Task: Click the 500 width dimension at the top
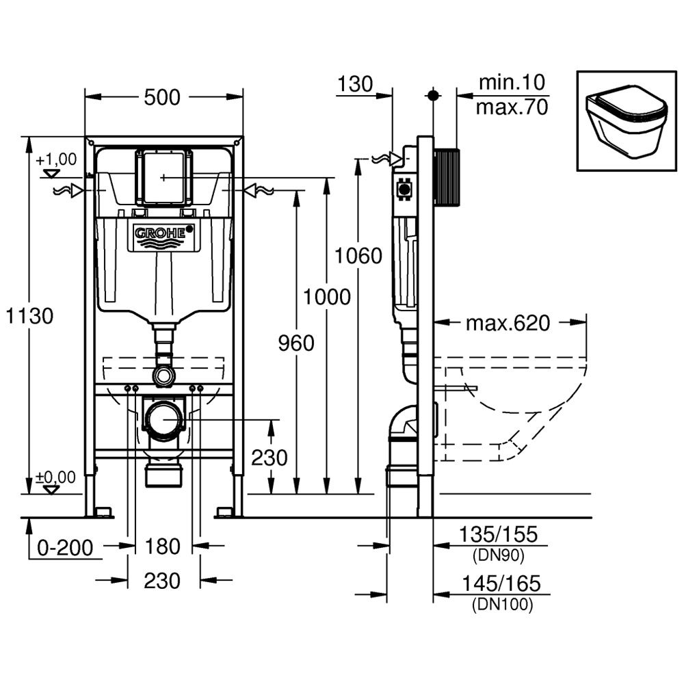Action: tap(163, 98)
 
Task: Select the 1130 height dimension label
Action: tap(29, 316)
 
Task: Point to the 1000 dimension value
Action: tap(327, 297)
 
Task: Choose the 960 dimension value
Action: tap(296, 343)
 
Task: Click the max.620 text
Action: tap(508, 323)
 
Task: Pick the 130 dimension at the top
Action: tap(355, 84)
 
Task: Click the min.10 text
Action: tap(512, 83)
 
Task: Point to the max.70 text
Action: tap(512, 107)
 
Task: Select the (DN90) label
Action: tap(498, 556)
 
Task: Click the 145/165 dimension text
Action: tap(501, 583)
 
